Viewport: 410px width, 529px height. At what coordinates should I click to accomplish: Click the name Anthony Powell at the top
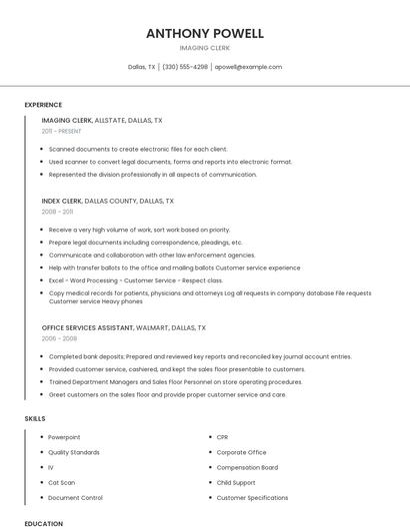[205, 33]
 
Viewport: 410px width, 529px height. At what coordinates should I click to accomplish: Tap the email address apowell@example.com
[248, 67]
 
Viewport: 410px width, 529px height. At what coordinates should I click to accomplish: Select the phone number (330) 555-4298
[185, 67]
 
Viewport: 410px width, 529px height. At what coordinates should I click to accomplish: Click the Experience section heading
[43, 105]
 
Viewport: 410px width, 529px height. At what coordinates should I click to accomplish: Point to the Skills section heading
[35, 418]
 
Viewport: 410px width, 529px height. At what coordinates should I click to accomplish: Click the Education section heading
[43, 523]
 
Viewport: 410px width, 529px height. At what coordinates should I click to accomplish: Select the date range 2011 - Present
[62, 131]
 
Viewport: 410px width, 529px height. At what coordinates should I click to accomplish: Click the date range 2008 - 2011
[57, 212]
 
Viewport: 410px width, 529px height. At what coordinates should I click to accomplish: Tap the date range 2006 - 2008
[58, 338]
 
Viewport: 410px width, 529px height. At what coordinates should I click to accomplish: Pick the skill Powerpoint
[64, 437]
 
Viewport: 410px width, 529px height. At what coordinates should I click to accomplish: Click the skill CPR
[222, 437]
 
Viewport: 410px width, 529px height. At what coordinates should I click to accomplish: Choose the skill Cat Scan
[62, 482]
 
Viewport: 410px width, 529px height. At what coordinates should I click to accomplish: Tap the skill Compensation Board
[247, 467]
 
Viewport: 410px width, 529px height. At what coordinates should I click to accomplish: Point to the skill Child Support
[236, 482]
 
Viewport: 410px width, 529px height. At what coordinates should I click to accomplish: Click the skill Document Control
[75, 497]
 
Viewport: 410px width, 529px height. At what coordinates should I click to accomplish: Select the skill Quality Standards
[73, 452]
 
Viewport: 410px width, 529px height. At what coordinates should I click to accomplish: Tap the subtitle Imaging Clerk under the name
[205, 48]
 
